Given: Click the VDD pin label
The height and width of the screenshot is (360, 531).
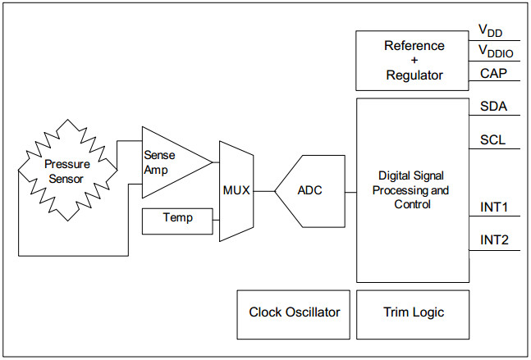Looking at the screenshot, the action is (490, 31).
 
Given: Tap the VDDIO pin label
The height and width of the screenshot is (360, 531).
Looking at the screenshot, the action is (496, 51).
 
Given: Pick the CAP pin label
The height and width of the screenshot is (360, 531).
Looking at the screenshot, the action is (493, 74).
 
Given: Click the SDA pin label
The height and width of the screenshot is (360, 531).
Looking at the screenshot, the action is (493, 107).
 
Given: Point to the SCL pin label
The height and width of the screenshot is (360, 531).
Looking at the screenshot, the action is (492, 139).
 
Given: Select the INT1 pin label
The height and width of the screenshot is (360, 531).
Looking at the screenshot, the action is (494, 207).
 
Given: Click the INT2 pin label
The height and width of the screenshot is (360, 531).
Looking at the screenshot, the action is (494, 240).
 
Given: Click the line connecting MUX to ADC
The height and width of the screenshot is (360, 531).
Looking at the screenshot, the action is (264, 192).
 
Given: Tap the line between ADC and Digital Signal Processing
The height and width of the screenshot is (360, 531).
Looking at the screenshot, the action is (350, 192).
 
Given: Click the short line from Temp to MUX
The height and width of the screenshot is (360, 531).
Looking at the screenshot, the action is (216, 221).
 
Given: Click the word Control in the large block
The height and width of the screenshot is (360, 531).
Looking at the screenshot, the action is (412, 204).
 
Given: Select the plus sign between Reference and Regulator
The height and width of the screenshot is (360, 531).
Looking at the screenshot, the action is (414, 60).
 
